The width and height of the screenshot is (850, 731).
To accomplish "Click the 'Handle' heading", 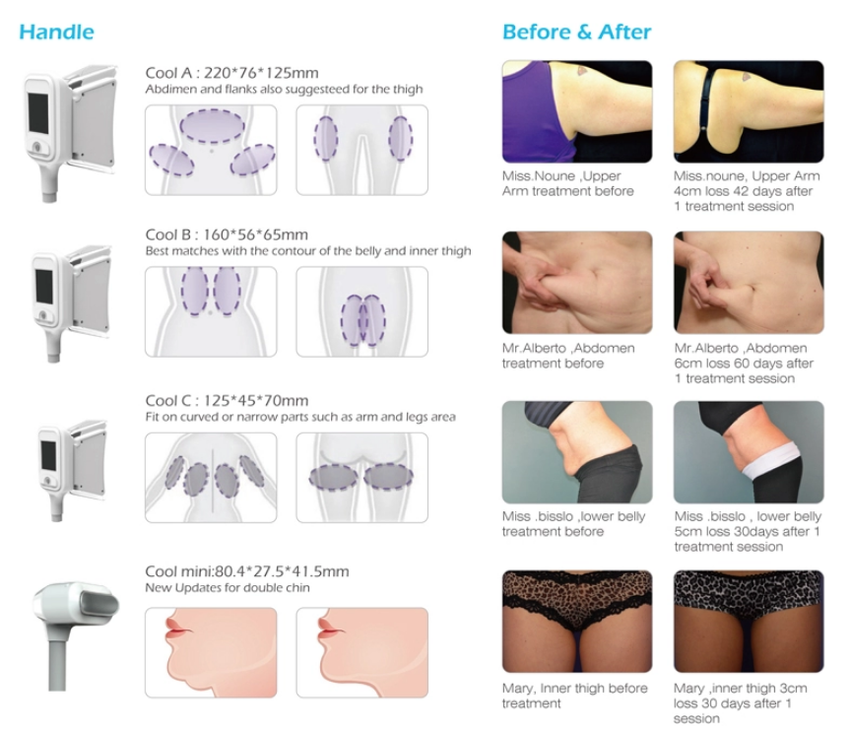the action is click(56, 32).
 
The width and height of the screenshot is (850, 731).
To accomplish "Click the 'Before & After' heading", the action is click(577, 32).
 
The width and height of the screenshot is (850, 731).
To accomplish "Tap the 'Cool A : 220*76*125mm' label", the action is click(232, 73).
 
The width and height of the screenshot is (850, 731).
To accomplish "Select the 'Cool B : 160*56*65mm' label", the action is click(227, 234).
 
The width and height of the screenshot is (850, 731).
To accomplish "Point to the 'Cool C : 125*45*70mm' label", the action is click(227, 400).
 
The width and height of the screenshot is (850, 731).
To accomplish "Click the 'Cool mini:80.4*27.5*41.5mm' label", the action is click(247, 571).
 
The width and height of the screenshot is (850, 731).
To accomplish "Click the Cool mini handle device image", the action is click(76, 634).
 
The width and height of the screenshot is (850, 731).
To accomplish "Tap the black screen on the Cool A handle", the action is click(39, 112).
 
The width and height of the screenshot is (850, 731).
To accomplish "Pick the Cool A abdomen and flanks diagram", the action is click(211, 150).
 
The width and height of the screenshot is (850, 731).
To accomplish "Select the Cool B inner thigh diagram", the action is click(362, 311).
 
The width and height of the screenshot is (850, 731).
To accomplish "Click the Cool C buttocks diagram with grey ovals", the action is click(362, 477).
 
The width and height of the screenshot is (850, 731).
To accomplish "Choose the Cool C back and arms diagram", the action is click(211, 477).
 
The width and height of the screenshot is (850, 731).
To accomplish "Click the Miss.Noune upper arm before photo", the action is click(577, 111).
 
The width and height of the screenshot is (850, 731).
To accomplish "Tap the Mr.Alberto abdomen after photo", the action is click(749, 283).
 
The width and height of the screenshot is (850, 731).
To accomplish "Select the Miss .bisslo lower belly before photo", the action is click(577, 452).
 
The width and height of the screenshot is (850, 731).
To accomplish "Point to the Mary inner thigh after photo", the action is click(749, 622).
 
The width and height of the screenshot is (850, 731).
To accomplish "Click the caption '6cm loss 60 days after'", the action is click(744, 364).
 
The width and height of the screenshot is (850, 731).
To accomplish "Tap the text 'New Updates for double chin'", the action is click(228, 588).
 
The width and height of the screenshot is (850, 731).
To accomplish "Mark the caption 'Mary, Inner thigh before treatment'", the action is click(574, 696).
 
